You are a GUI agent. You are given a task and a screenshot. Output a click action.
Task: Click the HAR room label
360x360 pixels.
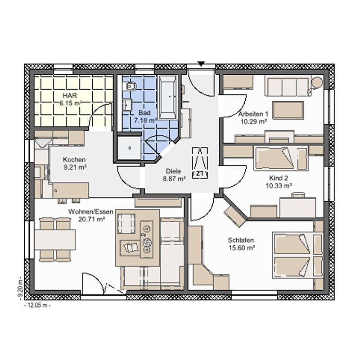pos(70,95)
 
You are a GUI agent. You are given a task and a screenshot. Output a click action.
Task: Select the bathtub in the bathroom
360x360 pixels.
pos(168,97)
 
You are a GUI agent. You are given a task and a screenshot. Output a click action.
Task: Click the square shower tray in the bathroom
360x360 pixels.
pos(129,148)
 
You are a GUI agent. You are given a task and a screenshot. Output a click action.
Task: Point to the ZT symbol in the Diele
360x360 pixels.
pos(200,162)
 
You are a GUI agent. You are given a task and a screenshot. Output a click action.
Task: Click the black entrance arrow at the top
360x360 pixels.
pos(201,64)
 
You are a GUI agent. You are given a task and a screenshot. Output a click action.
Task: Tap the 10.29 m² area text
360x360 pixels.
pos(254,121)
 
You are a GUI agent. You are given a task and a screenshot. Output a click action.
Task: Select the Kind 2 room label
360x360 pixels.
pos(279,178)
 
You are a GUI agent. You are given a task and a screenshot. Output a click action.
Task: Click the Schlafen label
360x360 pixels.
pos(241,240)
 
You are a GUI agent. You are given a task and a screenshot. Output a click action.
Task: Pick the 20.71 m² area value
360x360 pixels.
pos(92,219)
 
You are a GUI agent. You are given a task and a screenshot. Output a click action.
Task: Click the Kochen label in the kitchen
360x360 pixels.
pos(74,160)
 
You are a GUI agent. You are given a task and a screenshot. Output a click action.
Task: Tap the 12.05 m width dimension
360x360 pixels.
pos(37,306)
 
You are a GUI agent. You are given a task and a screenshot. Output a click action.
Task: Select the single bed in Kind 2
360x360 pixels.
pos(280,158)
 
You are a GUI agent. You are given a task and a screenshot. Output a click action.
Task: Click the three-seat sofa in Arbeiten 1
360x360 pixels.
pos(288,85)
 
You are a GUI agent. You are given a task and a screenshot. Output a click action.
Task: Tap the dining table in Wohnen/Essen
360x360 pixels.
pos(55,239)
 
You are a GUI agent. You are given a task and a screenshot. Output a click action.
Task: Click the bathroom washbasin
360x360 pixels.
pos(127,105)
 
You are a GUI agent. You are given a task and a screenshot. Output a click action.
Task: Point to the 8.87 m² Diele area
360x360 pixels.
pos(174,179)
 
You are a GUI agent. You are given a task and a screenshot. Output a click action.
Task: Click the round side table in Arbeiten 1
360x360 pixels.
pos(317,82)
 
